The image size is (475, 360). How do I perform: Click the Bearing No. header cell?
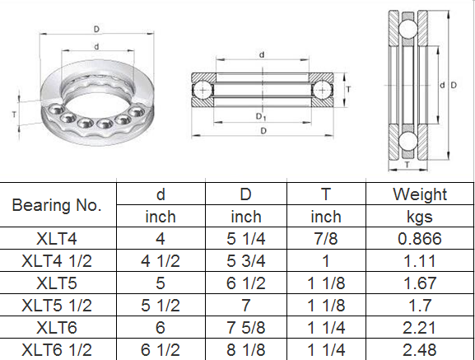coord(57,205)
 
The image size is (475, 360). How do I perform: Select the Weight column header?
coord(420,194)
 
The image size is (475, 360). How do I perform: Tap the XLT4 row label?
coord(57,239)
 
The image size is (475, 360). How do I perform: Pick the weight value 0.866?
coord(420,239)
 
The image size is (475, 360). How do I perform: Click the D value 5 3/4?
coord(246,261)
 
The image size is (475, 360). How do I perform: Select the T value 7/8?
coord(326,239)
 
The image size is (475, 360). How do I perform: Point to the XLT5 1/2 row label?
coord(57,305)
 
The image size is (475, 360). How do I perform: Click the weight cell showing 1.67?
coord(420,283)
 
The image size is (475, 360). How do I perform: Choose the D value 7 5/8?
coord(246,328)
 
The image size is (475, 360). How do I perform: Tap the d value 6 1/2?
coord(161,349)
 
